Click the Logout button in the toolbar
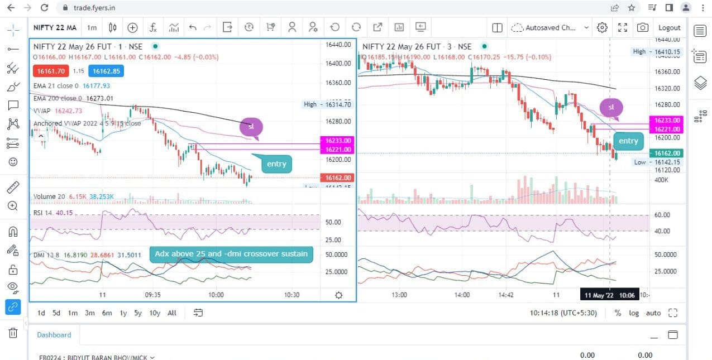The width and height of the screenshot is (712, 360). tap(669, 27)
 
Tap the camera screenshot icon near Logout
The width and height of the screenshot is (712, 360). tap(643, 27)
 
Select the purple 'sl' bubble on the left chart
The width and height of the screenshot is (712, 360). tap(251, 127)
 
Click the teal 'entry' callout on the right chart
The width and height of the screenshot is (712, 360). tap(628, 141)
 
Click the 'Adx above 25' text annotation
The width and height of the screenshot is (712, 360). tap(231, 254)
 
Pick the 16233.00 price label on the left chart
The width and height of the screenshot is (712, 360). tap(338, 141)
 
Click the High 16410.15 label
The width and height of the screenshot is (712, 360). tap(657, 51)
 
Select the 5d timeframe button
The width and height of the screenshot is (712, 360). tap(56, 313)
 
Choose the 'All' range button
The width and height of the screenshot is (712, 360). tap(172, 313)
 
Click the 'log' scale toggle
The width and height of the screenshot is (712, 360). tap(634, 313)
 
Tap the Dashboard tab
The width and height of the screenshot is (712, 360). tap(54, 335)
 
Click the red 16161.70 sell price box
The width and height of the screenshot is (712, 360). tap(50, 71)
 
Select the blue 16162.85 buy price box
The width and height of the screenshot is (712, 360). tap(106, 71)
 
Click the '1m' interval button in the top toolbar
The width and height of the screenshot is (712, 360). tap(92, 27)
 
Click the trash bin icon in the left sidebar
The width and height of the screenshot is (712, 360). tap(13, 333)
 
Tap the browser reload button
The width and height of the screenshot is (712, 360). tap(45, 8)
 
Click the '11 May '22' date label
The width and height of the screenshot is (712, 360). tap(598, 295)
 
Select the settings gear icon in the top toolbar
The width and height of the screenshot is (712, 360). tap(602, 27)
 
